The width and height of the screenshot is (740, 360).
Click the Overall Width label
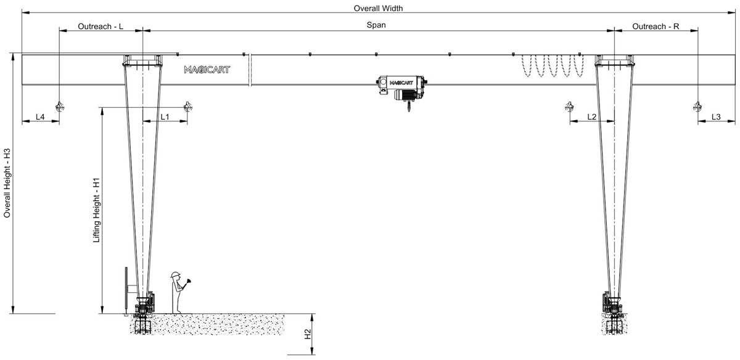[378, 9]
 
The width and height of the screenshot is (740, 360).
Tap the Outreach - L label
[101, 27]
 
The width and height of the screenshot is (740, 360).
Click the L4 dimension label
[40, 117]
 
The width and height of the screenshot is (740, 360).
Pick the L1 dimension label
[165, 117]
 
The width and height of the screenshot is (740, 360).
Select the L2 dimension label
[592, 117]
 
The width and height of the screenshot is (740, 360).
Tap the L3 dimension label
[716, 117]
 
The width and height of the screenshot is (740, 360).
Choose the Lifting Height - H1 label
[96, 211]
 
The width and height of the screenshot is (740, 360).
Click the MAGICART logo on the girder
[207, 70]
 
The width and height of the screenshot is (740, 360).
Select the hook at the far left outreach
[59, 107]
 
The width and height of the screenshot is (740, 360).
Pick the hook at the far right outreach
[697, 107]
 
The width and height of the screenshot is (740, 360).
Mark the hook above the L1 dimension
[187, 107]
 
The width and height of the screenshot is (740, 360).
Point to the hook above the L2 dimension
[569, 107]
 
